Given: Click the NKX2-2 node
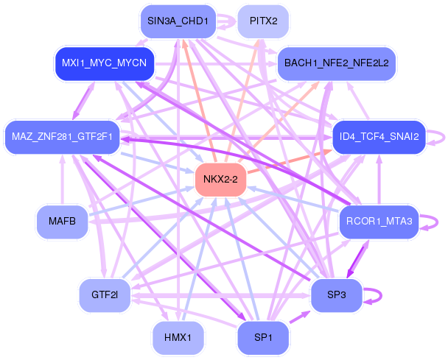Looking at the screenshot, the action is (x=220, y=180).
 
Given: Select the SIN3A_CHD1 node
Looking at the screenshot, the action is (x=178, y=21).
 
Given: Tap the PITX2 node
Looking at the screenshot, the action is (x=263, y=21).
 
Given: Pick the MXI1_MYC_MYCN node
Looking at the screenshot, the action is (x=105, y=63).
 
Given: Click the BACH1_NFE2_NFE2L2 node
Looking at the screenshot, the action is (x=336, y=63).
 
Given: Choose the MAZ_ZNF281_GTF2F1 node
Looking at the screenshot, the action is (x=62, y=138).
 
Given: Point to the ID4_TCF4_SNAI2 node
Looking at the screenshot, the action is (x=379, y=138).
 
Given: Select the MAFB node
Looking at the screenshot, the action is (x=62, y=222).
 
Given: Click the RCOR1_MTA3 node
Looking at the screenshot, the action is (x=379, y=222).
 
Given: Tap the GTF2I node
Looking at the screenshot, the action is (x=105, y=295).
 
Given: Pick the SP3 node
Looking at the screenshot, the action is (x=336, y=295).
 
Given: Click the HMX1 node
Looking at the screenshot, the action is (x=178, y=338).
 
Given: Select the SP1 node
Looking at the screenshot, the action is (x=263, y=338).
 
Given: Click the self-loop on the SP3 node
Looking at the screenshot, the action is (x=381, y=296).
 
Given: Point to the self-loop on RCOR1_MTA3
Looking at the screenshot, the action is (x=438, y=222).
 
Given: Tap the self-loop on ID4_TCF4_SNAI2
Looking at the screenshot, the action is (x=444, y=138).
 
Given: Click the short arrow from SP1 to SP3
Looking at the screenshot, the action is (x=300, y=317).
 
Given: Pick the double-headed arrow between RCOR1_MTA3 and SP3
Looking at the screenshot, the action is (x=357, y=258).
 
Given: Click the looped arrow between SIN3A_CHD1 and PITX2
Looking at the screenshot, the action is (x=227, y=21).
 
